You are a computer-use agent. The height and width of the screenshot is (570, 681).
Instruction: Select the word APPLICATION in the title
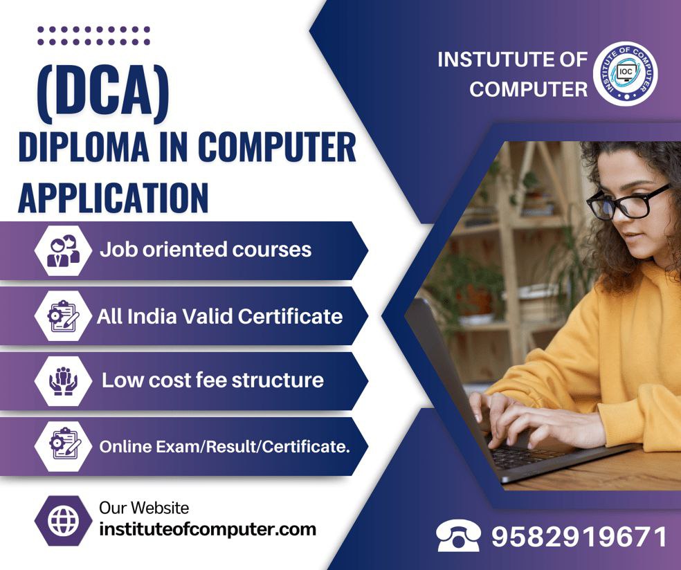(113, 197)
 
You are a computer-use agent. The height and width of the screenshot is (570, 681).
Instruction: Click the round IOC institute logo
(625, 73)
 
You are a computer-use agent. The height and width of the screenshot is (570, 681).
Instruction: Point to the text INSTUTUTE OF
(512, 59)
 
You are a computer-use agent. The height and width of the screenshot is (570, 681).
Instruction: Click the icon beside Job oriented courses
(64, 250)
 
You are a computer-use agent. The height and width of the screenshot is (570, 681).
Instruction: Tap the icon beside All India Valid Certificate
(64, 315)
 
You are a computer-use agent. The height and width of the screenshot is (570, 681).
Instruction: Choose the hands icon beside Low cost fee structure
(64, 380)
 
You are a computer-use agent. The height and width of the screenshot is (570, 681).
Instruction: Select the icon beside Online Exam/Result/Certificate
(64, 446)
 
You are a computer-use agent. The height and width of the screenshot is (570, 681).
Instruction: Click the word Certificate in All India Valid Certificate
(290, 316)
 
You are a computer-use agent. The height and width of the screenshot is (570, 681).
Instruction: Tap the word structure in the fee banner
(278, 380)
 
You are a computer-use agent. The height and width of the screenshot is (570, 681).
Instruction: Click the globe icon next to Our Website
(64, 520)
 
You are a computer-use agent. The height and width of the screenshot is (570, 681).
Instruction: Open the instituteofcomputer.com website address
(208, 530)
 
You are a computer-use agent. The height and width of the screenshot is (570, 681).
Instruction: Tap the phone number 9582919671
(579, 537)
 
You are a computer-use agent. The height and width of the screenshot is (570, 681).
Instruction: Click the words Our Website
(144, 508)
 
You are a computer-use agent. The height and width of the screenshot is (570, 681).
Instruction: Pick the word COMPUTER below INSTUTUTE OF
(528, 89)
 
